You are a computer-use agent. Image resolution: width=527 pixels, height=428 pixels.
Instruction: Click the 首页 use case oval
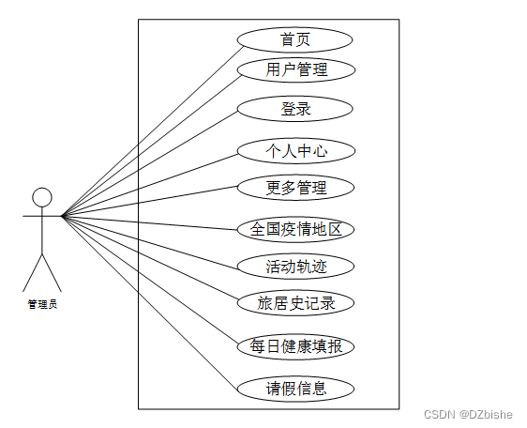[x=294, y=40]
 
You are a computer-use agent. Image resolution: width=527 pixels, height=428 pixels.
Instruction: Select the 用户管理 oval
[x=296, y=70]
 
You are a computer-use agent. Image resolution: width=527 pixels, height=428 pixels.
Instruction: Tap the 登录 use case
[x=295, y=109]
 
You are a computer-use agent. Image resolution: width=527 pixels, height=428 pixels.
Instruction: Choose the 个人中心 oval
[x=296, y=151]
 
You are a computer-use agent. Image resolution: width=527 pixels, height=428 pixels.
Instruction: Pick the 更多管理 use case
[x=295, y=188]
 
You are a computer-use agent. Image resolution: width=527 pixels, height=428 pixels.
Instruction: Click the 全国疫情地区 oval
[x=295, y=229]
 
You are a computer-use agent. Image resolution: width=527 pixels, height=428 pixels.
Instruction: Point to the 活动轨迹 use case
[x=295, y=267]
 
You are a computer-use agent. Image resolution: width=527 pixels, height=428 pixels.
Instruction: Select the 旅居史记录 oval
[x=295, y=303]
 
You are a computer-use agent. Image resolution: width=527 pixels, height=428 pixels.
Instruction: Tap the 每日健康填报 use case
[x=295, y=346]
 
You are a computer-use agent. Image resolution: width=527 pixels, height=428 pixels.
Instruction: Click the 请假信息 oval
[x=295, y=389]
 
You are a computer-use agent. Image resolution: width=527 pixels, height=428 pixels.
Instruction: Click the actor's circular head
[x=42, y=197]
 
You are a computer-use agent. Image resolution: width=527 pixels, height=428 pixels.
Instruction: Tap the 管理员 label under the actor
[x=42, y=304]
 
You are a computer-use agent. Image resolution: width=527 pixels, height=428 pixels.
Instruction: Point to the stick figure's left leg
[x=32, y=273]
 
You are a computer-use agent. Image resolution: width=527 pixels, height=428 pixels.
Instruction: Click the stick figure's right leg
[x=52, y=273]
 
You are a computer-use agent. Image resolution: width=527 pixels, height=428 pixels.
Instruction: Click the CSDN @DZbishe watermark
[x=468, y=414]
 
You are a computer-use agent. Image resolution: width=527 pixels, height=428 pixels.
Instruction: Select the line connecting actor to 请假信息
[x=150, y=302]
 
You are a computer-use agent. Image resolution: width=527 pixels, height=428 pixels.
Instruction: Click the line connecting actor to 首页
[x=153, y=130]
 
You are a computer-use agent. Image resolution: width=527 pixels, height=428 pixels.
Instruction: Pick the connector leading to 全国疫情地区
[x=150, y=222]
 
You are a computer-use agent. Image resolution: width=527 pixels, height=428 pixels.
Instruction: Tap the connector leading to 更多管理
[x=150, y=201]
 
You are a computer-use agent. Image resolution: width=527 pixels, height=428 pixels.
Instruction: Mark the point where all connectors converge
[x=62, y=216]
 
